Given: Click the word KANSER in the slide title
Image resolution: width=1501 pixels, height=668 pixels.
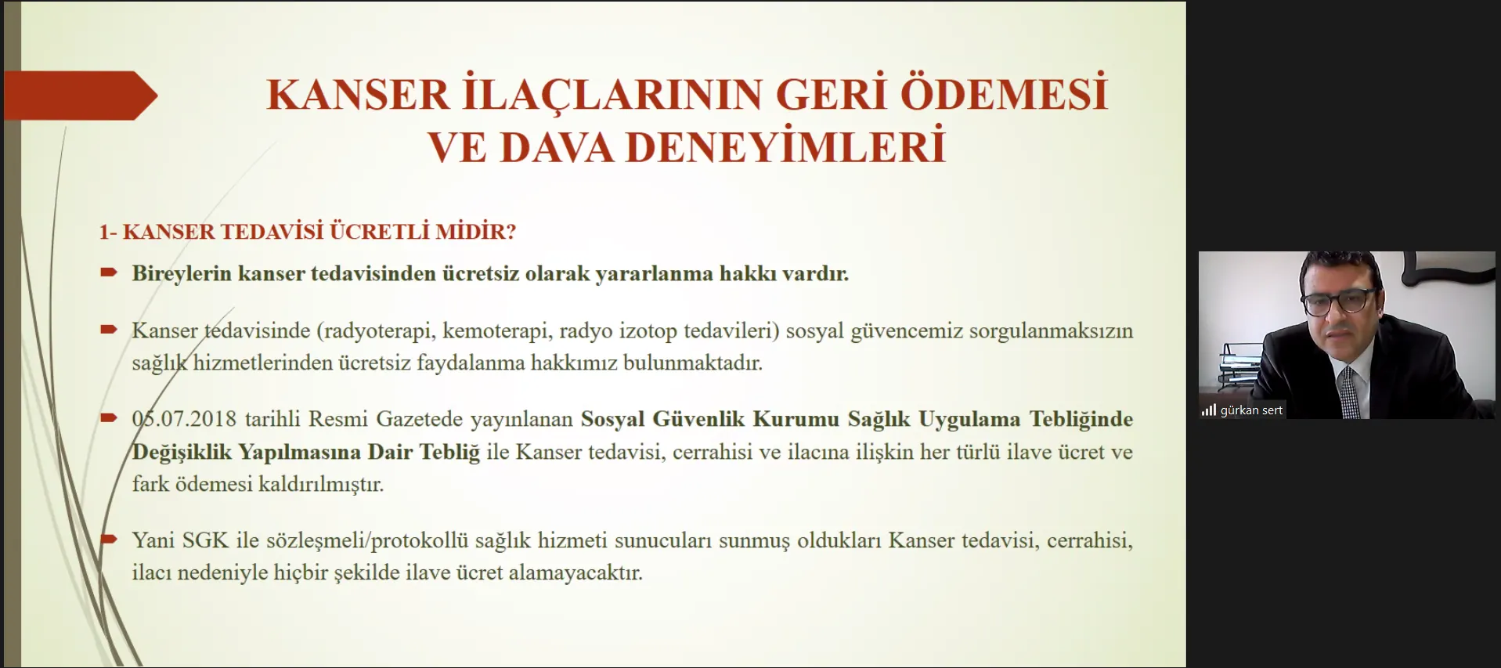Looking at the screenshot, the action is point(358,95).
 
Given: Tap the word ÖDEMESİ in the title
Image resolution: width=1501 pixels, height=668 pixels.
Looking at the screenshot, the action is point(1004,93).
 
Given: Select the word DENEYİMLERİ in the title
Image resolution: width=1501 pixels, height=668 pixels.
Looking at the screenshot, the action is point(785,146).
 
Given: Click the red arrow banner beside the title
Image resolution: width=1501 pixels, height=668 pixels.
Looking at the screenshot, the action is point(81,96).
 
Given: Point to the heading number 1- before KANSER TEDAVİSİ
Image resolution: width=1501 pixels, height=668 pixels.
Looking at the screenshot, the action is point(107,232).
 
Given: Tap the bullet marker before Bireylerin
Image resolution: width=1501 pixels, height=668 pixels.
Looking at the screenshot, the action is point(109,273).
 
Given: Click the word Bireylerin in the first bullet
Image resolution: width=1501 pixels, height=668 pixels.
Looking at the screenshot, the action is point(182,274).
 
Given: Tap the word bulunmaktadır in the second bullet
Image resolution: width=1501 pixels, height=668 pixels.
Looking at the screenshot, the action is point(692,363).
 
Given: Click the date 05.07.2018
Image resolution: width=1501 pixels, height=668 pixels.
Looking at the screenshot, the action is point(184,419).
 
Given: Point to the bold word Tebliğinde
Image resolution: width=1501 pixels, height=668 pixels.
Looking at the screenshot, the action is point(1081,420).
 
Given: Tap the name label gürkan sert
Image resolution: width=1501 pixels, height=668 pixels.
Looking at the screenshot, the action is point(1251,410).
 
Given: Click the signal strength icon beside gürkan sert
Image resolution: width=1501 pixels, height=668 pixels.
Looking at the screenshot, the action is point(1209,410).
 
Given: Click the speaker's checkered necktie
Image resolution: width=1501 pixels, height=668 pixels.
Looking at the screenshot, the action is point(1350,393).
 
